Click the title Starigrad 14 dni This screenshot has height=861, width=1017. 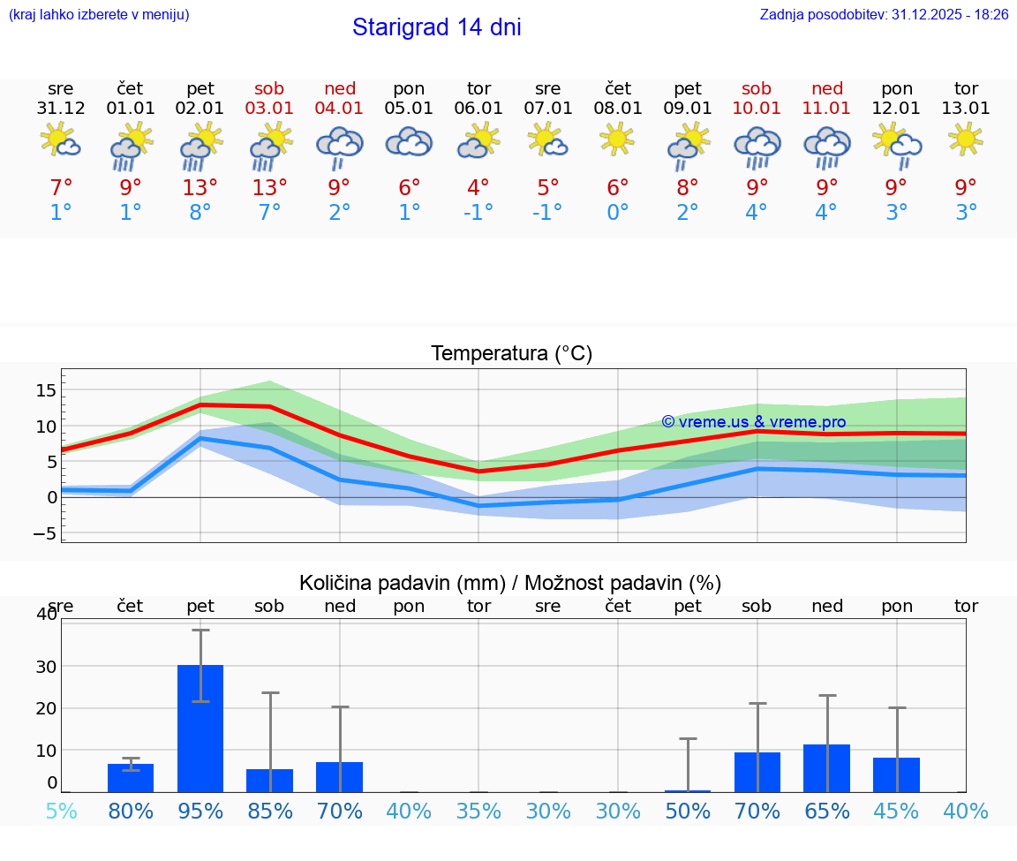[x=436, y=27]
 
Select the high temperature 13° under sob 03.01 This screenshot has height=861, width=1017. [x=269, y=187]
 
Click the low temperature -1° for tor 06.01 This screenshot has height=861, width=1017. [x=478, y=213]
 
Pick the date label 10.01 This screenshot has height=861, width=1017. [x=757, y=109]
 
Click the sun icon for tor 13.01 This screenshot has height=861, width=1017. [x=966, y=139]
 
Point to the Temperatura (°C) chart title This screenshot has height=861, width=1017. [x=511, y=354]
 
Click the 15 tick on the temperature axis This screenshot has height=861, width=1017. [x=46, y=390]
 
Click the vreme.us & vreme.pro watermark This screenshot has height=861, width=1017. [x=753, y=422]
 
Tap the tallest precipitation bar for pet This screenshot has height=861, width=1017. [x=200, y=729]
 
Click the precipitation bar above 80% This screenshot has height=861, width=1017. [x=131, y=778]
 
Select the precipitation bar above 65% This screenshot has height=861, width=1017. [x=826, y=768]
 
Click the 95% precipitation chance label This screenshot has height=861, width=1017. [x=200, y=811]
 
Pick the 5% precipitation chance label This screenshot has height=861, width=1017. [x=61, y=811]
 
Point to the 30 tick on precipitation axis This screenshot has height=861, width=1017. [x=46, y=666]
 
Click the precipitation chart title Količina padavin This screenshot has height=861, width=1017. [x=510, y=583]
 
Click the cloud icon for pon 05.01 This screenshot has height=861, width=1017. [x=409, y=141]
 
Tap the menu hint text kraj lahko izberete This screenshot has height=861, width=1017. [x=99, y=15]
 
